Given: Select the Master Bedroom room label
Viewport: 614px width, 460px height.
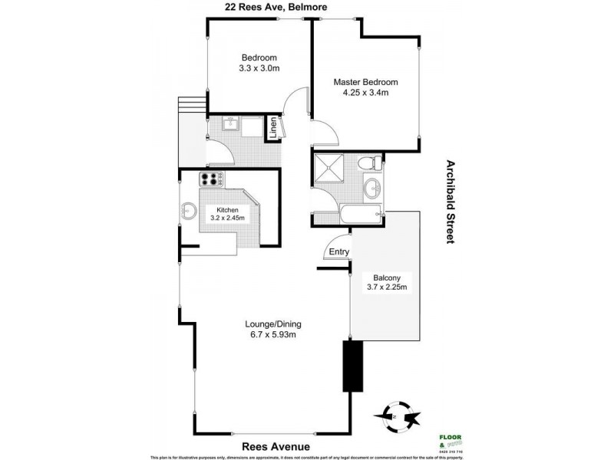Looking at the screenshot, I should [365, 87].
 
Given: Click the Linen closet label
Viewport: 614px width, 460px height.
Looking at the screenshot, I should [272, 128].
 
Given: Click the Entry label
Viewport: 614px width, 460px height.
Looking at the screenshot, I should [338, 252].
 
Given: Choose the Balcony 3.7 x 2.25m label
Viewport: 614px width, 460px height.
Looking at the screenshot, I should [386, 282].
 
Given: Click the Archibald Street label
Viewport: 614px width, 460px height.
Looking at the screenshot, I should [451, 202].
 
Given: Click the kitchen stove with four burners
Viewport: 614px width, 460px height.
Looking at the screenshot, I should [212, 180].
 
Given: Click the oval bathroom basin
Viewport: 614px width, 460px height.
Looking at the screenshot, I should [373, 186].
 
